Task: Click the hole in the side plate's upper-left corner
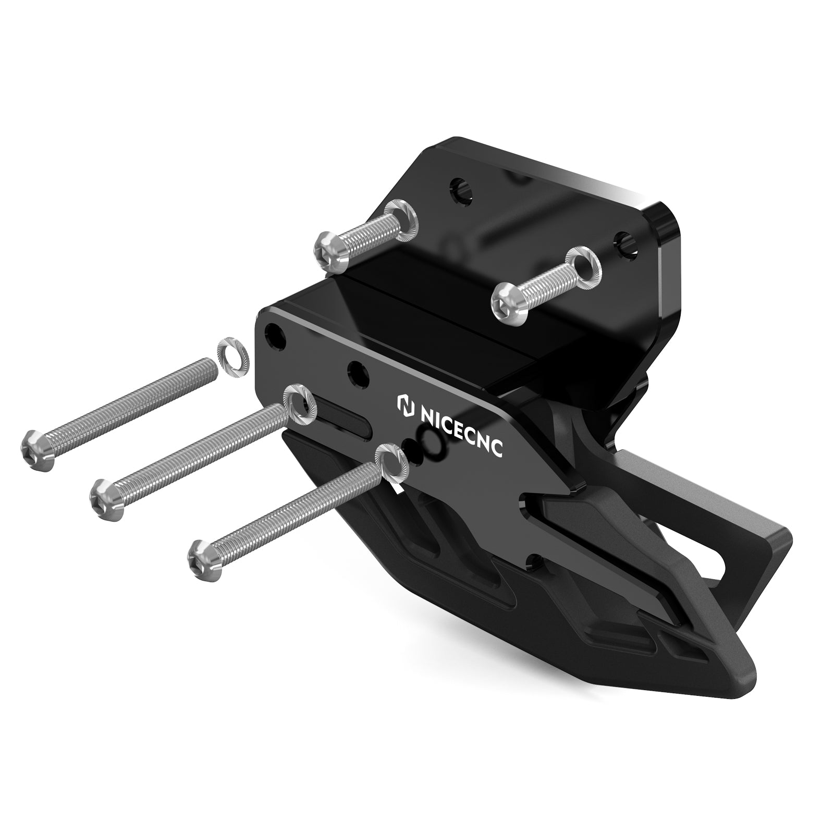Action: (275, 337)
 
